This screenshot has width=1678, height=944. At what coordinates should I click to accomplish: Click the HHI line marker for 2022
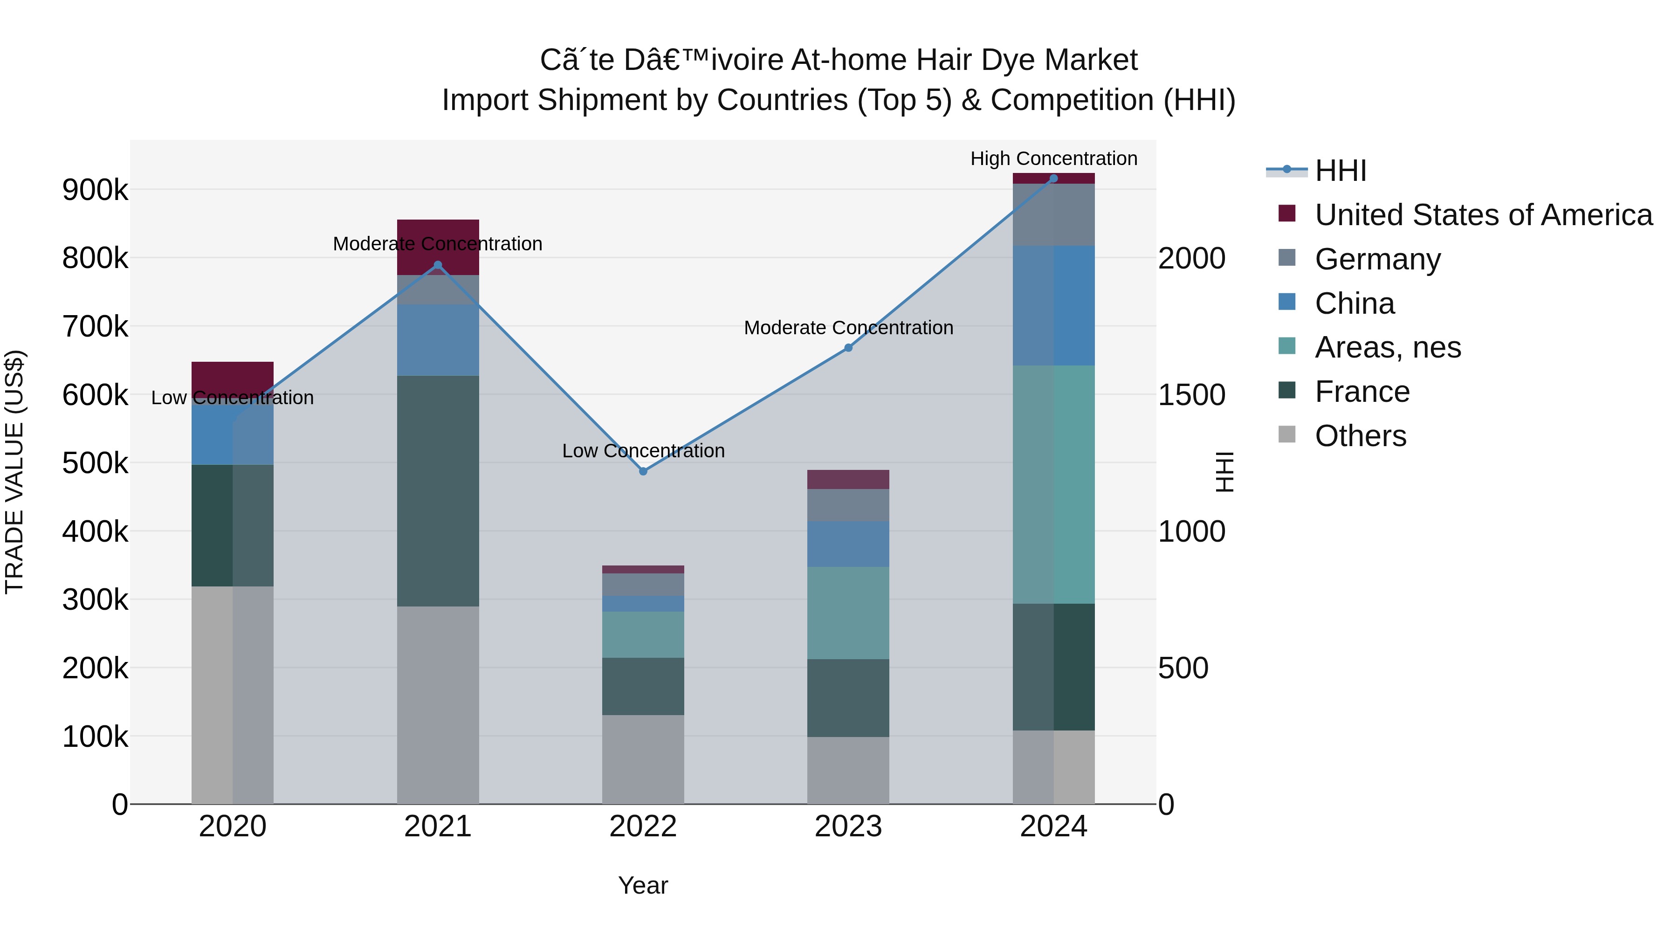[x=643, y=471]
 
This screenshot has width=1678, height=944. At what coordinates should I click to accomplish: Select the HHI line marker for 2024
[x=1053, y=179]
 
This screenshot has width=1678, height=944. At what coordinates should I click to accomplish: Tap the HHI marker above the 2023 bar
[x=848, y=348]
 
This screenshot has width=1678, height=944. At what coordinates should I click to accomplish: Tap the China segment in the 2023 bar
[x=848, y=544]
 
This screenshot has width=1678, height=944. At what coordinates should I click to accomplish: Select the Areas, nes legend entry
[x=1388, y=347]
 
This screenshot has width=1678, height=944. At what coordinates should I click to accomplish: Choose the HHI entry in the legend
[x=1340, y=171]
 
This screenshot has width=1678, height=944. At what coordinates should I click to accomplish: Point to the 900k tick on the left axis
[x=95, y=190]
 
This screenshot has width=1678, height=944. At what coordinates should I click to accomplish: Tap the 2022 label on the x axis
[x=643, y=827]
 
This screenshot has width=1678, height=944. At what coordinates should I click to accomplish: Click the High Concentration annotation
[x=1053, y=158]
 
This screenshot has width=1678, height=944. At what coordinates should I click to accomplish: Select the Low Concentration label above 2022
[x=643, y=451]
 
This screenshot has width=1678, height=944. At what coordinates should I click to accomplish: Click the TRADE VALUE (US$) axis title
[x=14, y=472]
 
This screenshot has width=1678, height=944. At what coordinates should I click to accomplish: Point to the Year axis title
[x=643, y=885]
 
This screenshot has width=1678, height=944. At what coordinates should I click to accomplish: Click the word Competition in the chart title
[x=1072, y=100]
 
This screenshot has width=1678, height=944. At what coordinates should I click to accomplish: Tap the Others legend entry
[x=1360, y=436]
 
